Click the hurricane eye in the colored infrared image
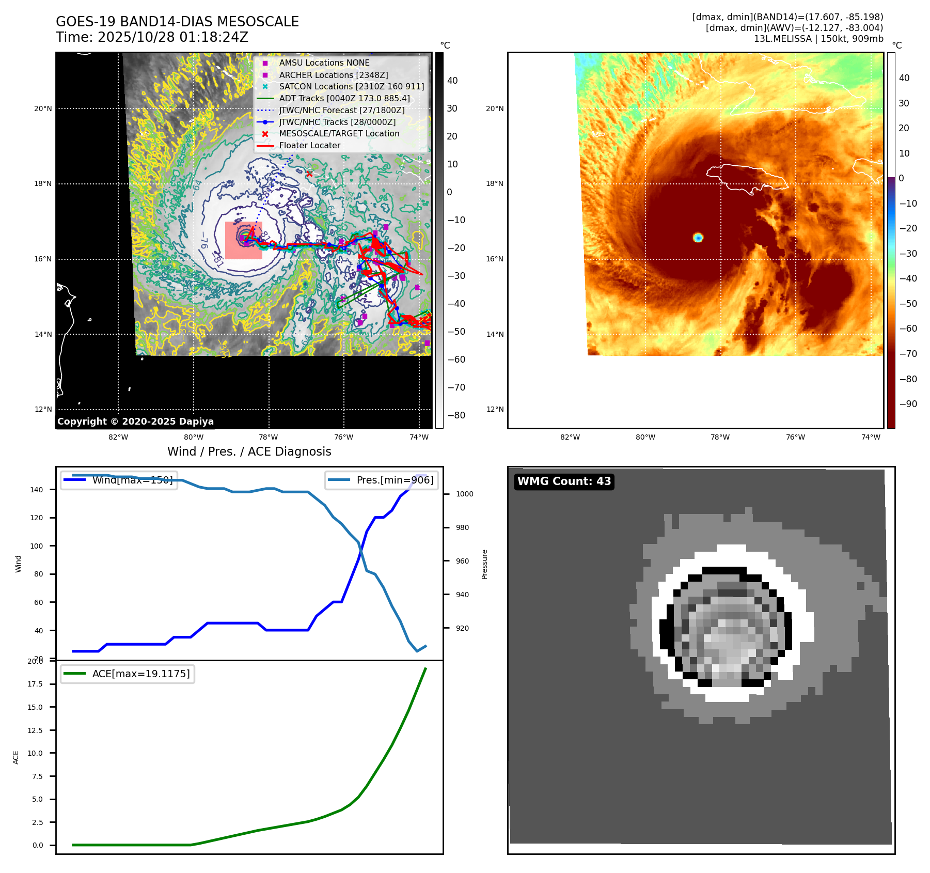pos(698,237)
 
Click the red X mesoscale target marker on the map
pos(309,174)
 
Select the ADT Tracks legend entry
pos(344,98)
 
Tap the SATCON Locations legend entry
pos(351,86)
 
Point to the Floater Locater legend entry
pos(309,146)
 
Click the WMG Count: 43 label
pos(564,481)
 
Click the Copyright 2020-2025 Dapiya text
pos(135,422)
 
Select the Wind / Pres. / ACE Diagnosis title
pos(249,451)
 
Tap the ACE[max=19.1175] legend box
pos(127,674)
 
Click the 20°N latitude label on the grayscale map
pos(43,108)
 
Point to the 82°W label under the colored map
pos(570,437)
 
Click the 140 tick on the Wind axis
pos(37,490)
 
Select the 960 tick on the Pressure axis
pos(462,561)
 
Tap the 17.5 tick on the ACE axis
pos(35,684)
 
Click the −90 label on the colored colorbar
pos(908,404)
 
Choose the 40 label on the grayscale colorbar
pos(452,81)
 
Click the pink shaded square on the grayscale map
pos(244,240)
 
